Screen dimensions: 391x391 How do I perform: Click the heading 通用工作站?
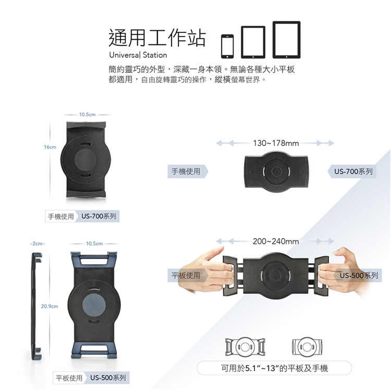tap(157, 38)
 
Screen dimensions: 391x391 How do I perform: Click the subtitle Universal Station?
tap(138, 55)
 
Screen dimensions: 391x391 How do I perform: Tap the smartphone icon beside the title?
tap(227, 46)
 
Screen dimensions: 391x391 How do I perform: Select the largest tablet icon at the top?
tap(287, 40)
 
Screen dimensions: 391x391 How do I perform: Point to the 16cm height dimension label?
tap(50, 147)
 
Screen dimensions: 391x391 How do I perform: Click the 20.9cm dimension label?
tap(50, 306)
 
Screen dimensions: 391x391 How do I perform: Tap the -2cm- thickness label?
tap(38, 243)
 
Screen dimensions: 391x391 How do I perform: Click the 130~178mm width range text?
tap(276, 143)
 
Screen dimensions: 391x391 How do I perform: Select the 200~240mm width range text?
tap(276, 241)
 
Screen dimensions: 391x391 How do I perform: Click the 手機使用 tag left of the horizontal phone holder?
tap(187, 172)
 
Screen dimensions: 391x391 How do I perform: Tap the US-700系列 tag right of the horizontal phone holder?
tap(352, 172)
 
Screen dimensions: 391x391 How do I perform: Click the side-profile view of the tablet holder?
tap(36, 306)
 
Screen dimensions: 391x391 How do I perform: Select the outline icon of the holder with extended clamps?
tap(245, 347)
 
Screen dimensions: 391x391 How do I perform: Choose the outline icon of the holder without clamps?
tap(307, 347)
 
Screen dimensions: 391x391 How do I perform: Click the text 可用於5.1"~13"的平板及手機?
tap(274, 368)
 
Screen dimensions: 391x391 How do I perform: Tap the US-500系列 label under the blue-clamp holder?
tap(108, 378)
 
